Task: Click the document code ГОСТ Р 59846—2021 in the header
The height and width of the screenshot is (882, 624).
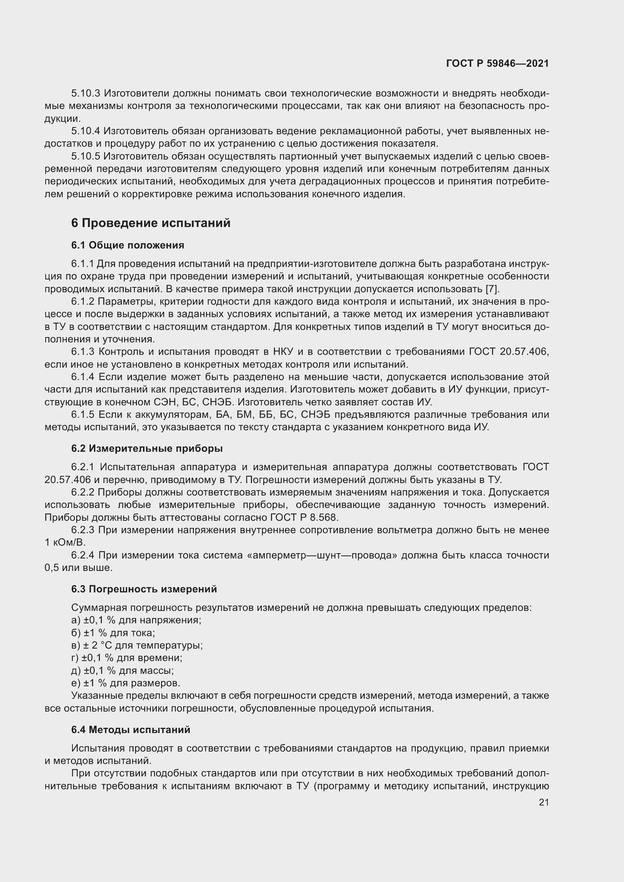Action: [497, 63]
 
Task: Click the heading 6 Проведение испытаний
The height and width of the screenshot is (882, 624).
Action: [151, 223]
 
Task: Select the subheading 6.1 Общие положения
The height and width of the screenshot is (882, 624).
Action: [128, 245]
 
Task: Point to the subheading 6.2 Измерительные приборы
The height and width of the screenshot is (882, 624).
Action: [147, 448]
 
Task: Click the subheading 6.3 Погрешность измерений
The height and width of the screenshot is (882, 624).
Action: [144, 589]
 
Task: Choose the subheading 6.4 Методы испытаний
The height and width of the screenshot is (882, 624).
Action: [131, 730]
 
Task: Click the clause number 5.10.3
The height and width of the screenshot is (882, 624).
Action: [85, 94]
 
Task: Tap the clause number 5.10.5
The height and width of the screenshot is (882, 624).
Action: [85, 156]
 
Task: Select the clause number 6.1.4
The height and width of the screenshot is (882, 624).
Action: [83, 377]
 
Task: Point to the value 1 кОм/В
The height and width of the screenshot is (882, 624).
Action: [65, 542]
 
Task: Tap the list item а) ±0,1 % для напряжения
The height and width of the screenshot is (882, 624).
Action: [137, 620]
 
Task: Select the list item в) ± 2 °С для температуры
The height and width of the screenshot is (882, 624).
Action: [137, 645]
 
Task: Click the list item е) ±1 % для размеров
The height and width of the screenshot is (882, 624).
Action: [126, 683]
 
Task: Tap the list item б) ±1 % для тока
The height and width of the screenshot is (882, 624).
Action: [113, 633]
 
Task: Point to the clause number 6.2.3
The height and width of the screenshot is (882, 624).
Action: [83, 530]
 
